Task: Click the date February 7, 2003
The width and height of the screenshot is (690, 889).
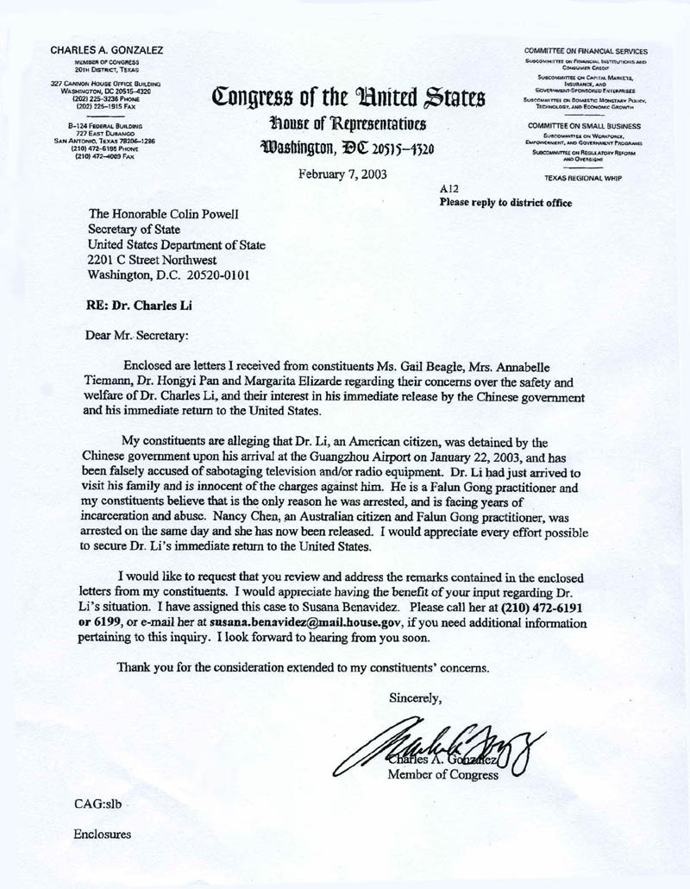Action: point(342,173)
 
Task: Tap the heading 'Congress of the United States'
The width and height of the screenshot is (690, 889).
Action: point(343,97)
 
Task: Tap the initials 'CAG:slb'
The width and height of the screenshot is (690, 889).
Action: point(101,803)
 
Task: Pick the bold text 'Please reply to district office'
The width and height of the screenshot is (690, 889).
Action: point(505,203)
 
